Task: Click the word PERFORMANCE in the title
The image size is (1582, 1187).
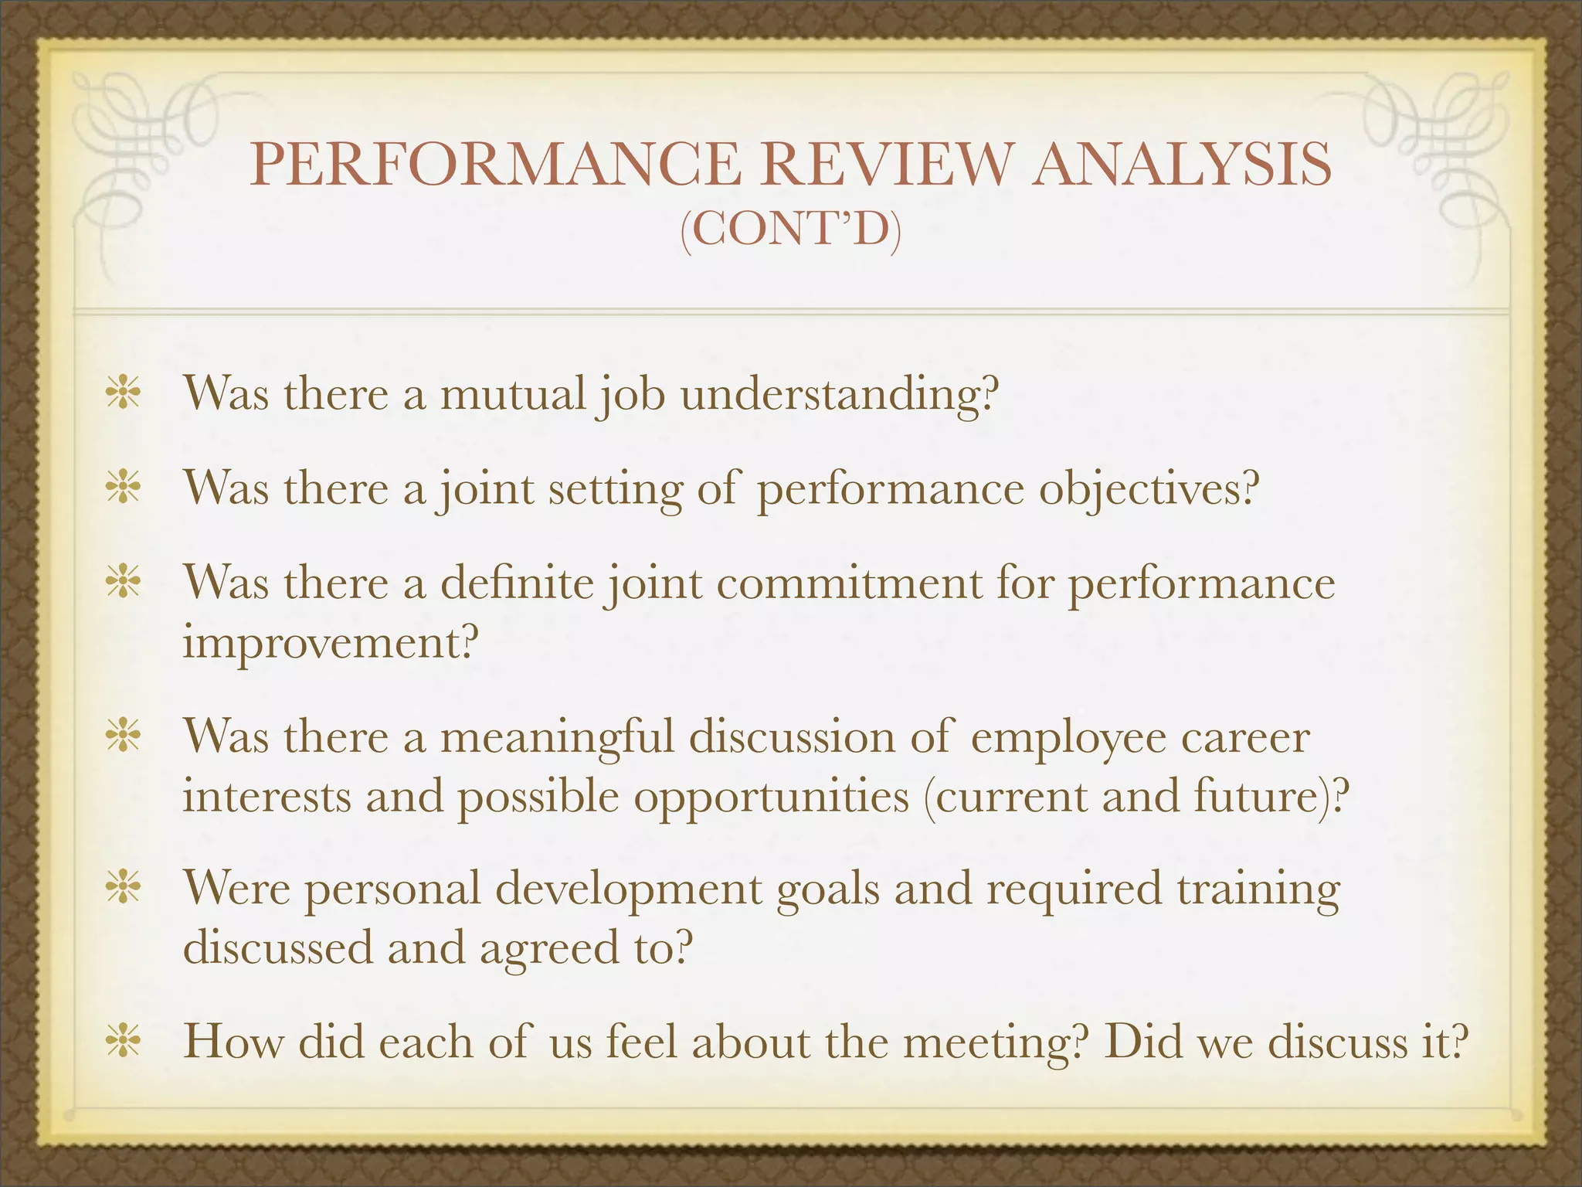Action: pos(494,164)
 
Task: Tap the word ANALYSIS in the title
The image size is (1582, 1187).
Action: pos(1183,164)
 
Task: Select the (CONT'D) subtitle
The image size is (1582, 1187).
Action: pos(790,230)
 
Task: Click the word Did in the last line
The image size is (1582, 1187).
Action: pos(1142,1042)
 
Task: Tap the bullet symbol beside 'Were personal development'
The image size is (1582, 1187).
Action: pos(124,889)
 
